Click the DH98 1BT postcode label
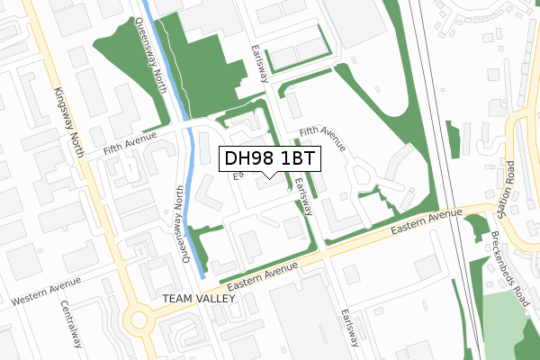268,158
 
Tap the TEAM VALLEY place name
197,298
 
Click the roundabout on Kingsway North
139,319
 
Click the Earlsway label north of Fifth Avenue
261,61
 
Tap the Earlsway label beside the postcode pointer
302,195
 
